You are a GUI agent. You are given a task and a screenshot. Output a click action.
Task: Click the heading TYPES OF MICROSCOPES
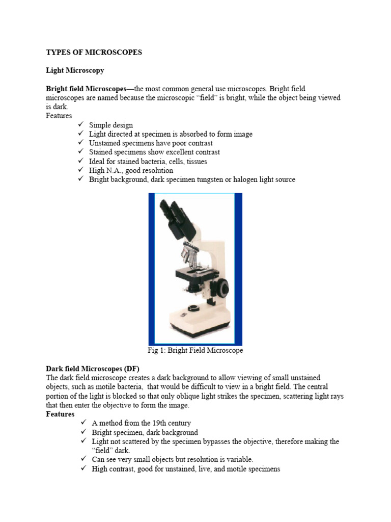pyautogui.click(x=94, y=52)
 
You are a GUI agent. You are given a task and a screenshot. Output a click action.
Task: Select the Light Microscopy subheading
pyautogui.click(x=75, y=70)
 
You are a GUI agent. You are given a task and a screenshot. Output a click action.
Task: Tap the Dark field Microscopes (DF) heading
pyautogui.click(x=93, y=369)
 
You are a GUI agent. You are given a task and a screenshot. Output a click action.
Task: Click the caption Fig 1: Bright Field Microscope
pyautogui.click(x=195, y=351)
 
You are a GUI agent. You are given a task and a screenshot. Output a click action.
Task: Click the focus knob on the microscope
pyautogui.click(x=220, y=289)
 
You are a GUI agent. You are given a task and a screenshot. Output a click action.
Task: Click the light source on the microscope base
pyautogui.click(x=193, y=308)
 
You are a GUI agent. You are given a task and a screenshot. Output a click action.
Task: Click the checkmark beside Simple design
pyautogui.click(x=81, y=125)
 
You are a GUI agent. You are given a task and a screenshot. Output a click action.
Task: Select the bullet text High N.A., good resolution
pyautogui.click(x=131, y=171)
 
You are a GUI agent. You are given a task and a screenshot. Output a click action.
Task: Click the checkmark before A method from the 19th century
pyautogui.click(x=84, y=423)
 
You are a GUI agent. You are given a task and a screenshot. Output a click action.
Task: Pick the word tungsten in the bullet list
pyautogui.click(x=211, y=180)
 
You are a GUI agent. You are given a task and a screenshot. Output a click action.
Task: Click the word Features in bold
pyautogui.click(x=60, y=414)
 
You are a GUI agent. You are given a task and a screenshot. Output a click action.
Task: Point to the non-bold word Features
pyautogui.click(x=59, y=116)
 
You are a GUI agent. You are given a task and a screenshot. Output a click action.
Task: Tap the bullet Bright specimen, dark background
pyautogui.click(x=145, y=432)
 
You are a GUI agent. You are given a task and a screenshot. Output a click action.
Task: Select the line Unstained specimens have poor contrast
pyautogui.click(x=151, y=143)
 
